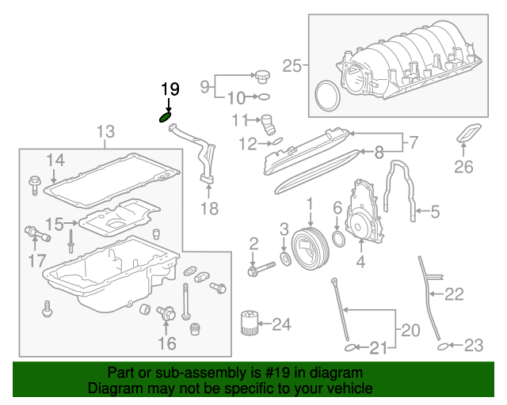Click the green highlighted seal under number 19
166,118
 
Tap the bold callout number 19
170,89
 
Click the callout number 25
292,66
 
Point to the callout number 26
463,166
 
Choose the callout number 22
453,294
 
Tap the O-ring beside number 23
446,346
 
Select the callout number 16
166,343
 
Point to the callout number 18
208,209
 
